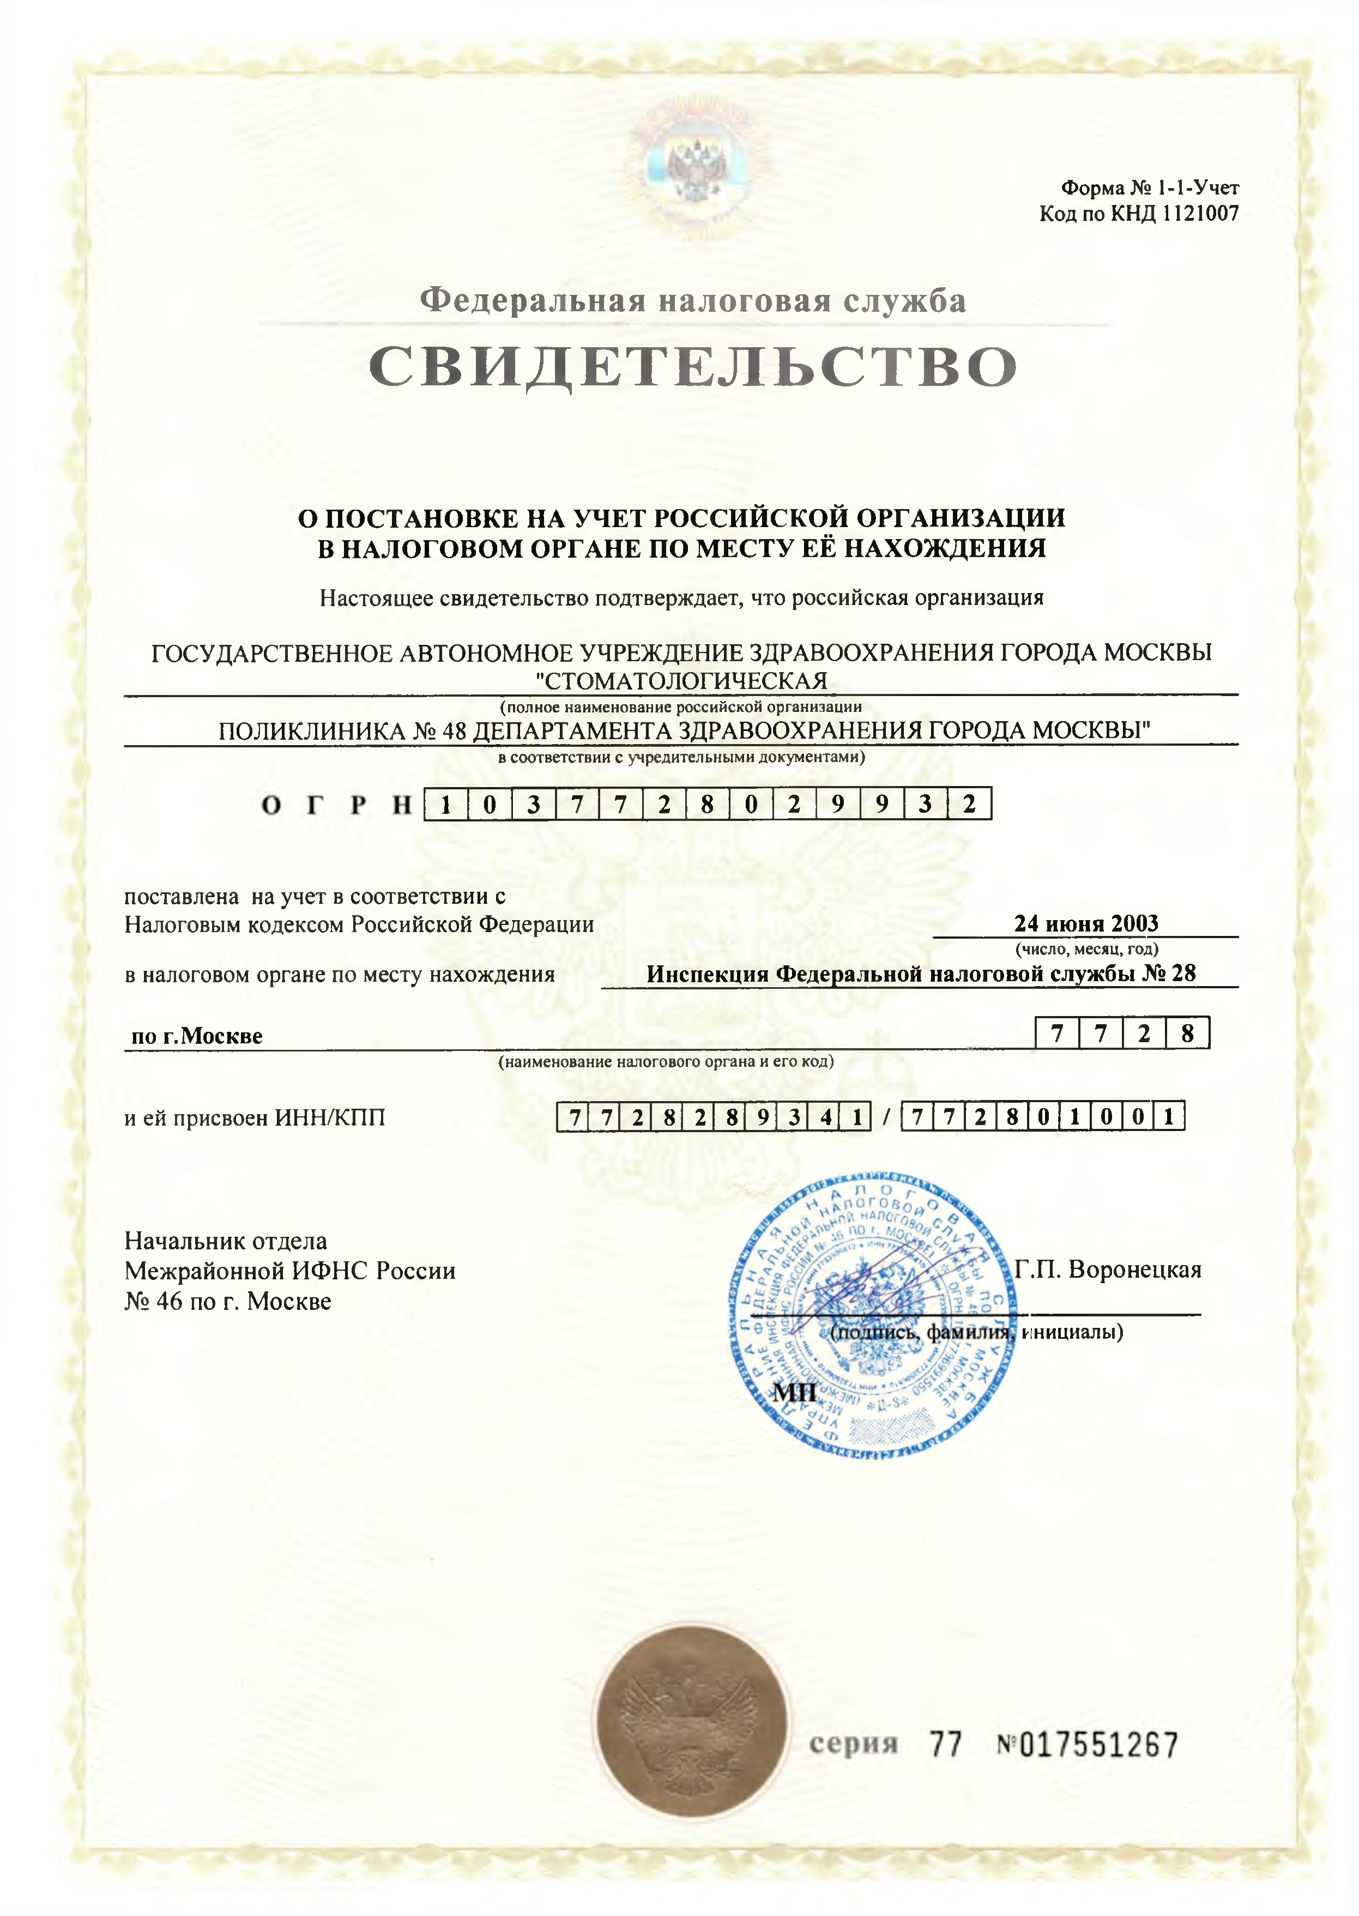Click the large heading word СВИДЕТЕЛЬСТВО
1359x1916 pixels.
point(693,367)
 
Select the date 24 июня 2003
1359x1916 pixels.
point(1085,924)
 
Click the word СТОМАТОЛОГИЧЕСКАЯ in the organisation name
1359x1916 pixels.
point(686,681)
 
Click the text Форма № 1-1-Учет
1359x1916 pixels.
point(1150,188)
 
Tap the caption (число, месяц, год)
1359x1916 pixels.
point(1086,949)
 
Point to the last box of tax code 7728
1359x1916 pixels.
point(1187,1034)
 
